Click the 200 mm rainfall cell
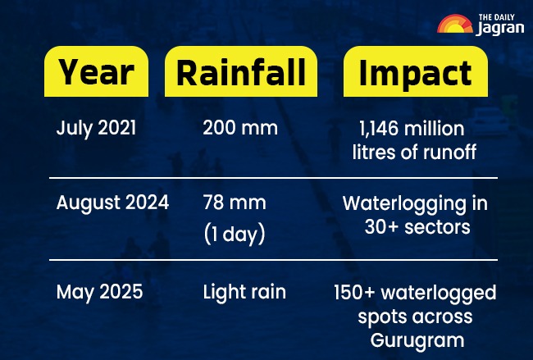(240, 129)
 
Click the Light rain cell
(244, 292)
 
